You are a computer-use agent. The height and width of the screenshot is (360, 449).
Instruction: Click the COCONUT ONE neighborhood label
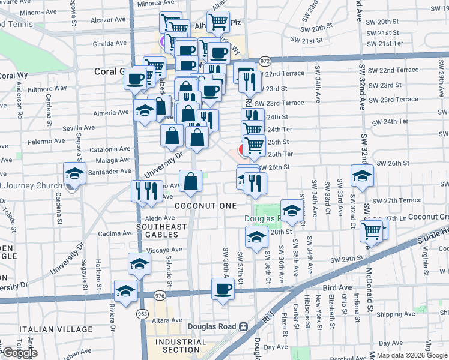pyautogui.click(x=205, y=206)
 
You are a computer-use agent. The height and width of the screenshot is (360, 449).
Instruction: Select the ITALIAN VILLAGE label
pyautogui.click(x=56, y=329)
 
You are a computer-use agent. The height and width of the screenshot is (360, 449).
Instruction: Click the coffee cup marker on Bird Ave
pyautogui.click(x=223, y=289)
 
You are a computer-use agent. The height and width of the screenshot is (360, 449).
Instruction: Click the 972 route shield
pyautogui.click(x=265, y=61)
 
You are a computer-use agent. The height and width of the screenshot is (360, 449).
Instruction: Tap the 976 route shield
pyautogui.click(x=160, y=295)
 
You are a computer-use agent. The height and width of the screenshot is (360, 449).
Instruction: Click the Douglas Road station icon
pyautogui.click(x=243, y=327)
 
